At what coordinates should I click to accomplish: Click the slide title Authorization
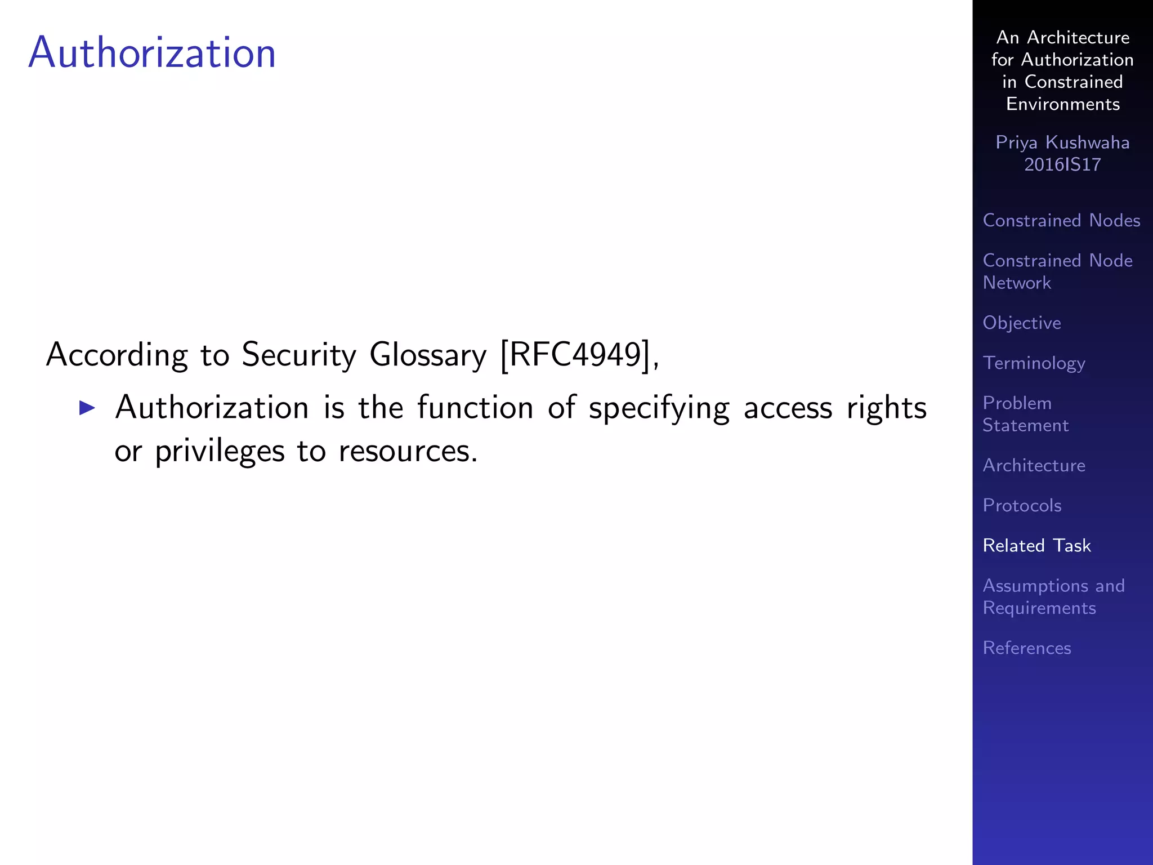(x=152, y=53)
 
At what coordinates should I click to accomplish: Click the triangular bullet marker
(x=87, y=407)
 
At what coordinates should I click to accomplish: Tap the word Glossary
(x=428, y=355)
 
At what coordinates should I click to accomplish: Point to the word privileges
(x=220, y=452)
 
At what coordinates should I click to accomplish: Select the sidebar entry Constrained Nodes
(x=1061, y=220)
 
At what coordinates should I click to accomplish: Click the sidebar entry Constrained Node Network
(x=1057, y=271)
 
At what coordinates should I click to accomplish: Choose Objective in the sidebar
(x=1021, y=323)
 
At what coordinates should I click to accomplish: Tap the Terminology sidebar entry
(x=1034, y=363)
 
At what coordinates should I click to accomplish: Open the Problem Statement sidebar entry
(x=1025, y=414)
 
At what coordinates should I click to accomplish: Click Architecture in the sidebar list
(x=1034, y=465)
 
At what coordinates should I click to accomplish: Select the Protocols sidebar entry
(x=1022, y=505)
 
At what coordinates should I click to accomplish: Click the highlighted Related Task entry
(x=1036, y=545)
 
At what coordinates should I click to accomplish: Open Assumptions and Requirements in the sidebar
(x=1053, y=596)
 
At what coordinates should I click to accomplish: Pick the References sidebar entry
(x=1026, y=648)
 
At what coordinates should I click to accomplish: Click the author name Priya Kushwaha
(x=1062, y=142)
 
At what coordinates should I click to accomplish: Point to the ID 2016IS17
(x=1062, y=164)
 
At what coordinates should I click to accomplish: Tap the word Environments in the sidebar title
(x=1062, y=104)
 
